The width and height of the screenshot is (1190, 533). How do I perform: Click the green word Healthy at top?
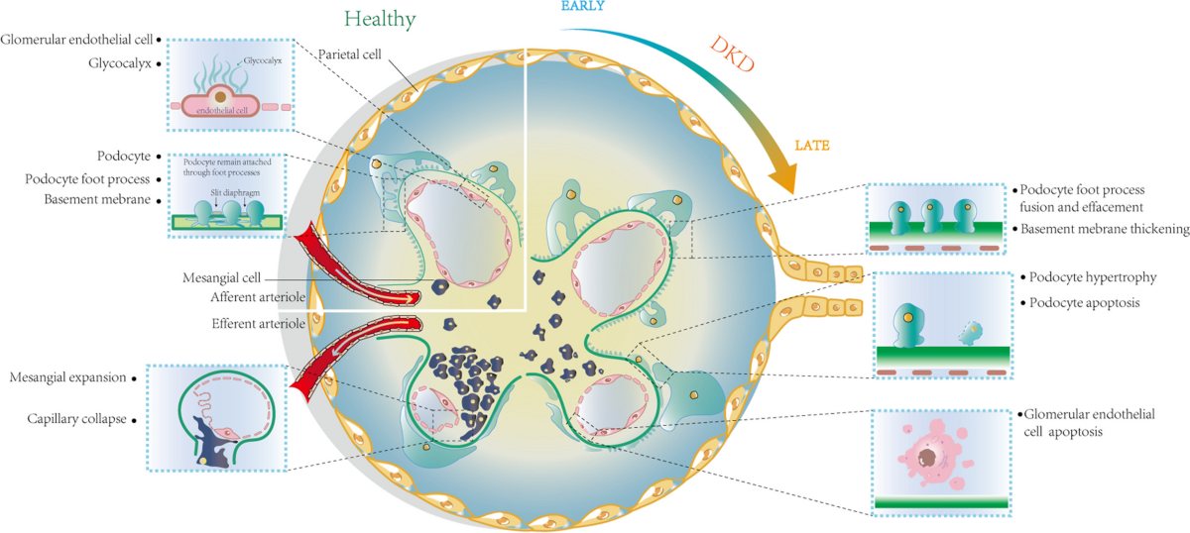pyautogui.click(x=380, y=19)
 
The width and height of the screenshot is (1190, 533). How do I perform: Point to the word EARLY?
pyautogui.click(x=583, y=7)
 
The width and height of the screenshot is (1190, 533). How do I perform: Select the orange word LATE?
pyautogui.click(x=811, y=145)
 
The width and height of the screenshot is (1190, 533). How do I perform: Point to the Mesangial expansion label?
pyautogui.click(x=67, y=377)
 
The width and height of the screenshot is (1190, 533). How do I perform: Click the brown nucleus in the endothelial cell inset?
pyautogui.click(x=219, y=98)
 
